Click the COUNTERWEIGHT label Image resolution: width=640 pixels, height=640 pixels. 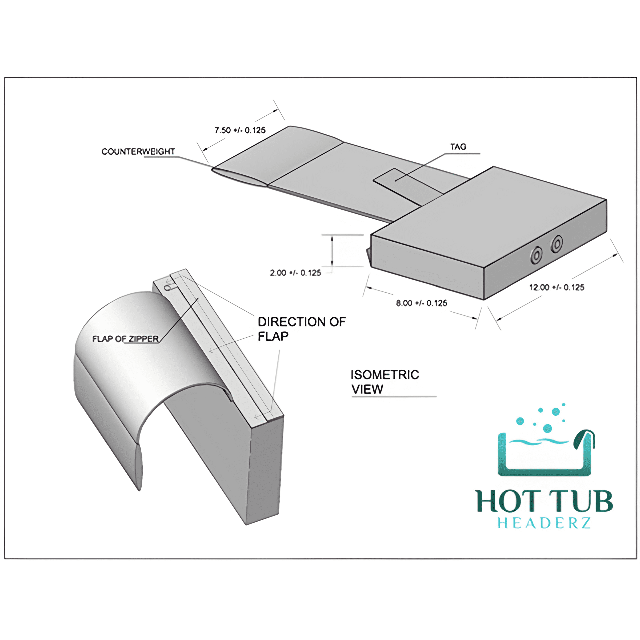[138, 151]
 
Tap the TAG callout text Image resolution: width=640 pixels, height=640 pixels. [458, 147]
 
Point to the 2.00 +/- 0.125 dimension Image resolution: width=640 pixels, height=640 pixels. [295, 273]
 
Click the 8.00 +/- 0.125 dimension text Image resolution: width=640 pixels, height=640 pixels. [422, 303]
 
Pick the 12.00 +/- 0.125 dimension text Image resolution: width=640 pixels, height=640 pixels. [557, 287]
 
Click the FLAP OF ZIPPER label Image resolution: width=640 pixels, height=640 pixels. [126, 339]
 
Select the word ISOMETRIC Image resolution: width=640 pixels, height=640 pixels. [385, 375]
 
